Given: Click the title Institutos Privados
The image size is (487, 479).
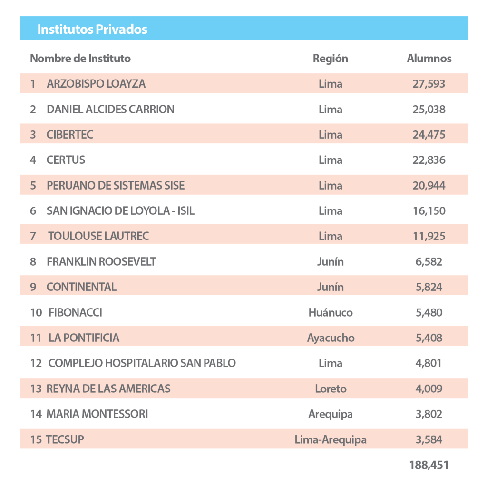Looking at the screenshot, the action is click(x=92, y=29).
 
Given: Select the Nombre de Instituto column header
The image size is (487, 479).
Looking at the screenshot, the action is click(x=80, y=59).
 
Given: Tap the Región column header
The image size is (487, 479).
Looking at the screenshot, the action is click(x=330, y=59).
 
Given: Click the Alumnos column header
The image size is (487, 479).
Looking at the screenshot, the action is click(x=429, y=59).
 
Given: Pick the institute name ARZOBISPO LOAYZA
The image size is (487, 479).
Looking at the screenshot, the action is click(x=96, y=84).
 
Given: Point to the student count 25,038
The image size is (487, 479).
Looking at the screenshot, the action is click(x=429, y=110).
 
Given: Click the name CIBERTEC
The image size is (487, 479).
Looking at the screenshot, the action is click(x=69, y=135).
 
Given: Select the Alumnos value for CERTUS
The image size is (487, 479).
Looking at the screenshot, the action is click(x=429, y=160).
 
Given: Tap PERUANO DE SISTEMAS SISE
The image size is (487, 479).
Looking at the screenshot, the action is click(x=116, y=186).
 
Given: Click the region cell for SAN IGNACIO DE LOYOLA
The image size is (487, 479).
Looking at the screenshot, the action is click(x=330, y=211).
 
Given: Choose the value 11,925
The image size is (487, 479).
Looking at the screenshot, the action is click(x=429, y=236).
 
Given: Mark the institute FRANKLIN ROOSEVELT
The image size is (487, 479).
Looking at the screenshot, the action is click(x=101, y=262).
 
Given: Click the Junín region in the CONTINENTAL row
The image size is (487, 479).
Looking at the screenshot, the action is click(x=330, y=287).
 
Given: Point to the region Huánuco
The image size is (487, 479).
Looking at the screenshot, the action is click(x=330, y=313).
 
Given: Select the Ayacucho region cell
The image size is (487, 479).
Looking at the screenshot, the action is click(x=331, y=338).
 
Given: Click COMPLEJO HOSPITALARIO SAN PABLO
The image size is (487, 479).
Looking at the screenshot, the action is click(x=142, y=363).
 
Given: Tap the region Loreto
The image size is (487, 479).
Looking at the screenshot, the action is click(x=331, y=389).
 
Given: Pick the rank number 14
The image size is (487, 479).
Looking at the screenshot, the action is click(x=36, y=414).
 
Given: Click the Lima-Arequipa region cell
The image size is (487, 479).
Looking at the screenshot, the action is click(x=331, y=440).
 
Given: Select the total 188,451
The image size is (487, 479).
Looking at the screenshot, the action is click(x=429, y=465).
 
